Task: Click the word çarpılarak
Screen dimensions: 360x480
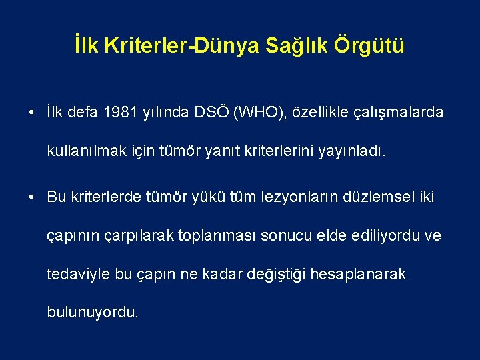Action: (x=146, y=235)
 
